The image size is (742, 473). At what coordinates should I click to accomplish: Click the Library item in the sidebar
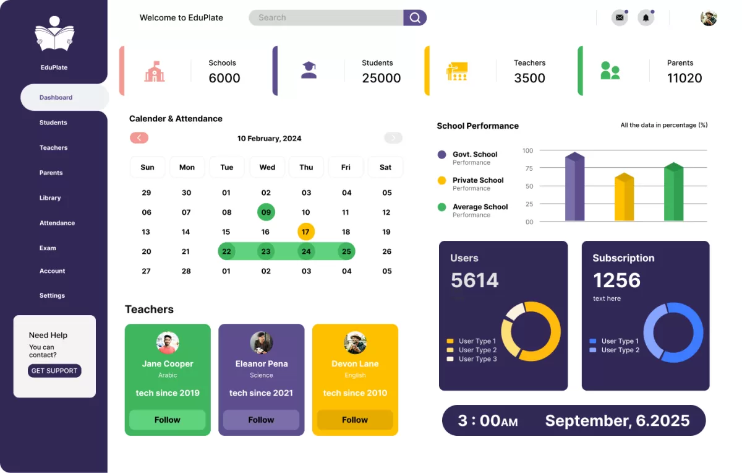pos(50,198)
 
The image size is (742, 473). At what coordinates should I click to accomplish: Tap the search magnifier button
pos(415,18)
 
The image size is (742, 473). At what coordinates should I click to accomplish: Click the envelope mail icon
pos(619,18)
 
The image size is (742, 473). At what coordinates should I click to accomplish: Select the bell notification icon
pos(646,18)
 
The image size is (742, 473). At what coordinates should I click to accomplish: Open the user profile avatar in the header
pos(709,18)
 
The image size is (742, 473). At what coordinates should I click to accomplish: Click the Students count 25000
pos(382,78)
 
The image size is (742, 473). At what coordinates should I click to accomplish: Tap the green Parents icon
pos(610,71)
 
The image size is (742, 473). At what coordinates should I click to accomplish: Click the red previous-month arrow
pos(139,138)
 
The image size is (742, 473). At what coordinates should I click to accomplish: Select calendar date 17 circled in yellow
pos(305,232)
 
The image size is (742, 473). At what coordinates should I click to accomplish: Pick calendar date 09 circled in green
pos(266,212)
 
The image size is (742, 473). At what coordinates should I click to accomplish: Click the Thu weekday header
pos(306,167)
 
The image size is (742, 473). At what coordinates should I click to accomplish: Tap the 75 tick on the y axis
pos(528,168)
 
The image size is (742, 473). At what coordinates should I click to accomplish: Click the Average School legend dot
pos(441,207)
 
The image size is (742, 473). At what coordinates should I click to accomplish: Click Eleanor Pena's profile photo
pos(261,342)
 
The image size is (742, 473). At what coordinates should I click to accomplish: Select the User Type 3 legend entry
pos(472,359)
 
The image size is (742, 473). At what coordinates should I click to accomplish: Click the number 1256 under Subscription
pos(616,280)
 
